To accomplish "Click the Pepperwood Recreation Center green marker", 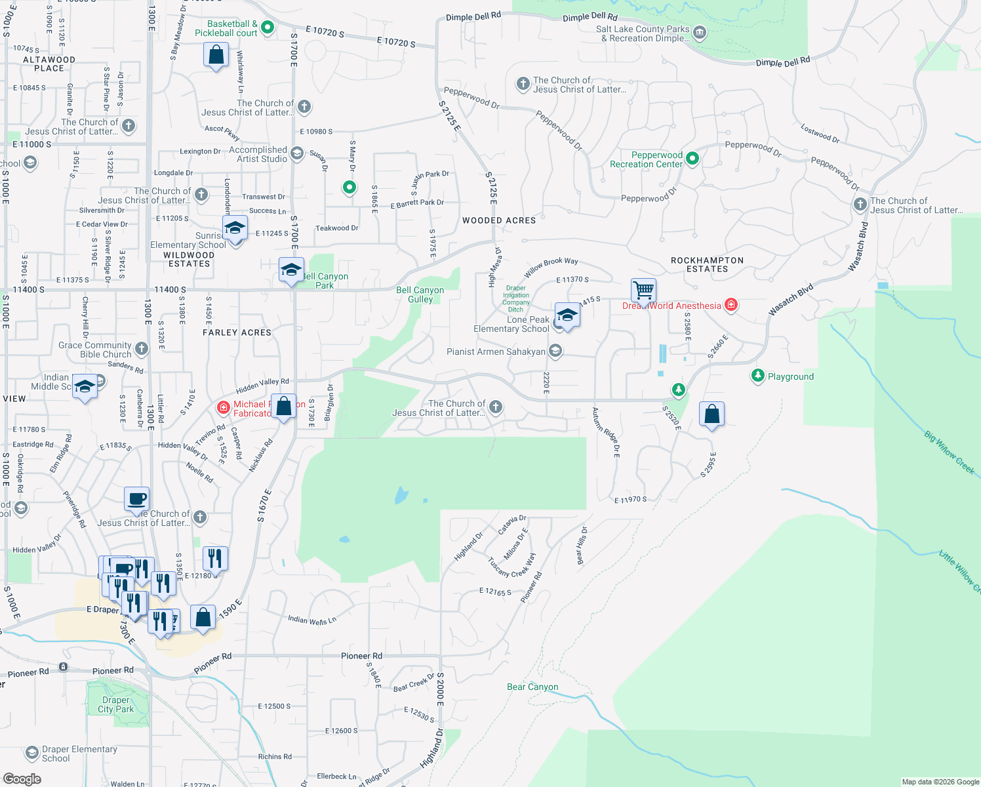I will click(692, 158).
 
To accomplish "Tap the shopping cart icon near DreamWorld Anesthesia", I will click(644, 289).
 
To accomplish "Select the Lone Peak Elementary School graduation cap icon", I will click(567, 316).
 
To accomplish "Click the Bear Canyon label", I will click(532, 687).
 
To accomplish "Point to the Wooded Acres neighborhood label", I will click(499, 220).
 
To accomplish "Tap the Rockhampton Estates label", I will click(707, 264).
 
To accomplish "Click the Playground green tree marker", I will click(758, 376).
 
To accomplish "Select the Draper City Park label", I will click(116, 704).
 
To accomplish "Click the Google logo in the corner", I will click(22, 778).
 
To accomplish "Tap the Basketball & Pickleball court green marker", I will click(267, 28).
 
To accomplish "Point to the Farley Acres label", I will click(237, 333).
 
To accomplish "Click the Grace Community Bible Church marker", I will click(142, 348).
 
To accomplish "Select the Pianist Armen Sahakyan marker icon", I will click(555, 352).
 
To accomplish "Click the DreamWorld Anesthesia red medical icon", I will click(731, 305).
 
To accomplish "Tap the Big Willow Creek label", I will click(950, 452).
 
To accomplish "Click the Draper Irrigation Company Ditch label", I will click(516, 298).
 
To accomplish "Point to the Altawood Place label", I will click(49, 64).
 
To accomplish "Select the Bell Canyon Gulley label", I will click(420, 294).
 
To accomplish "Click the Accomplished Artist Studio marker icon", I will click(297, 153).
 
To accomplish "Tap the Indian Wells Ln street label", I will click(311, 620).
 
